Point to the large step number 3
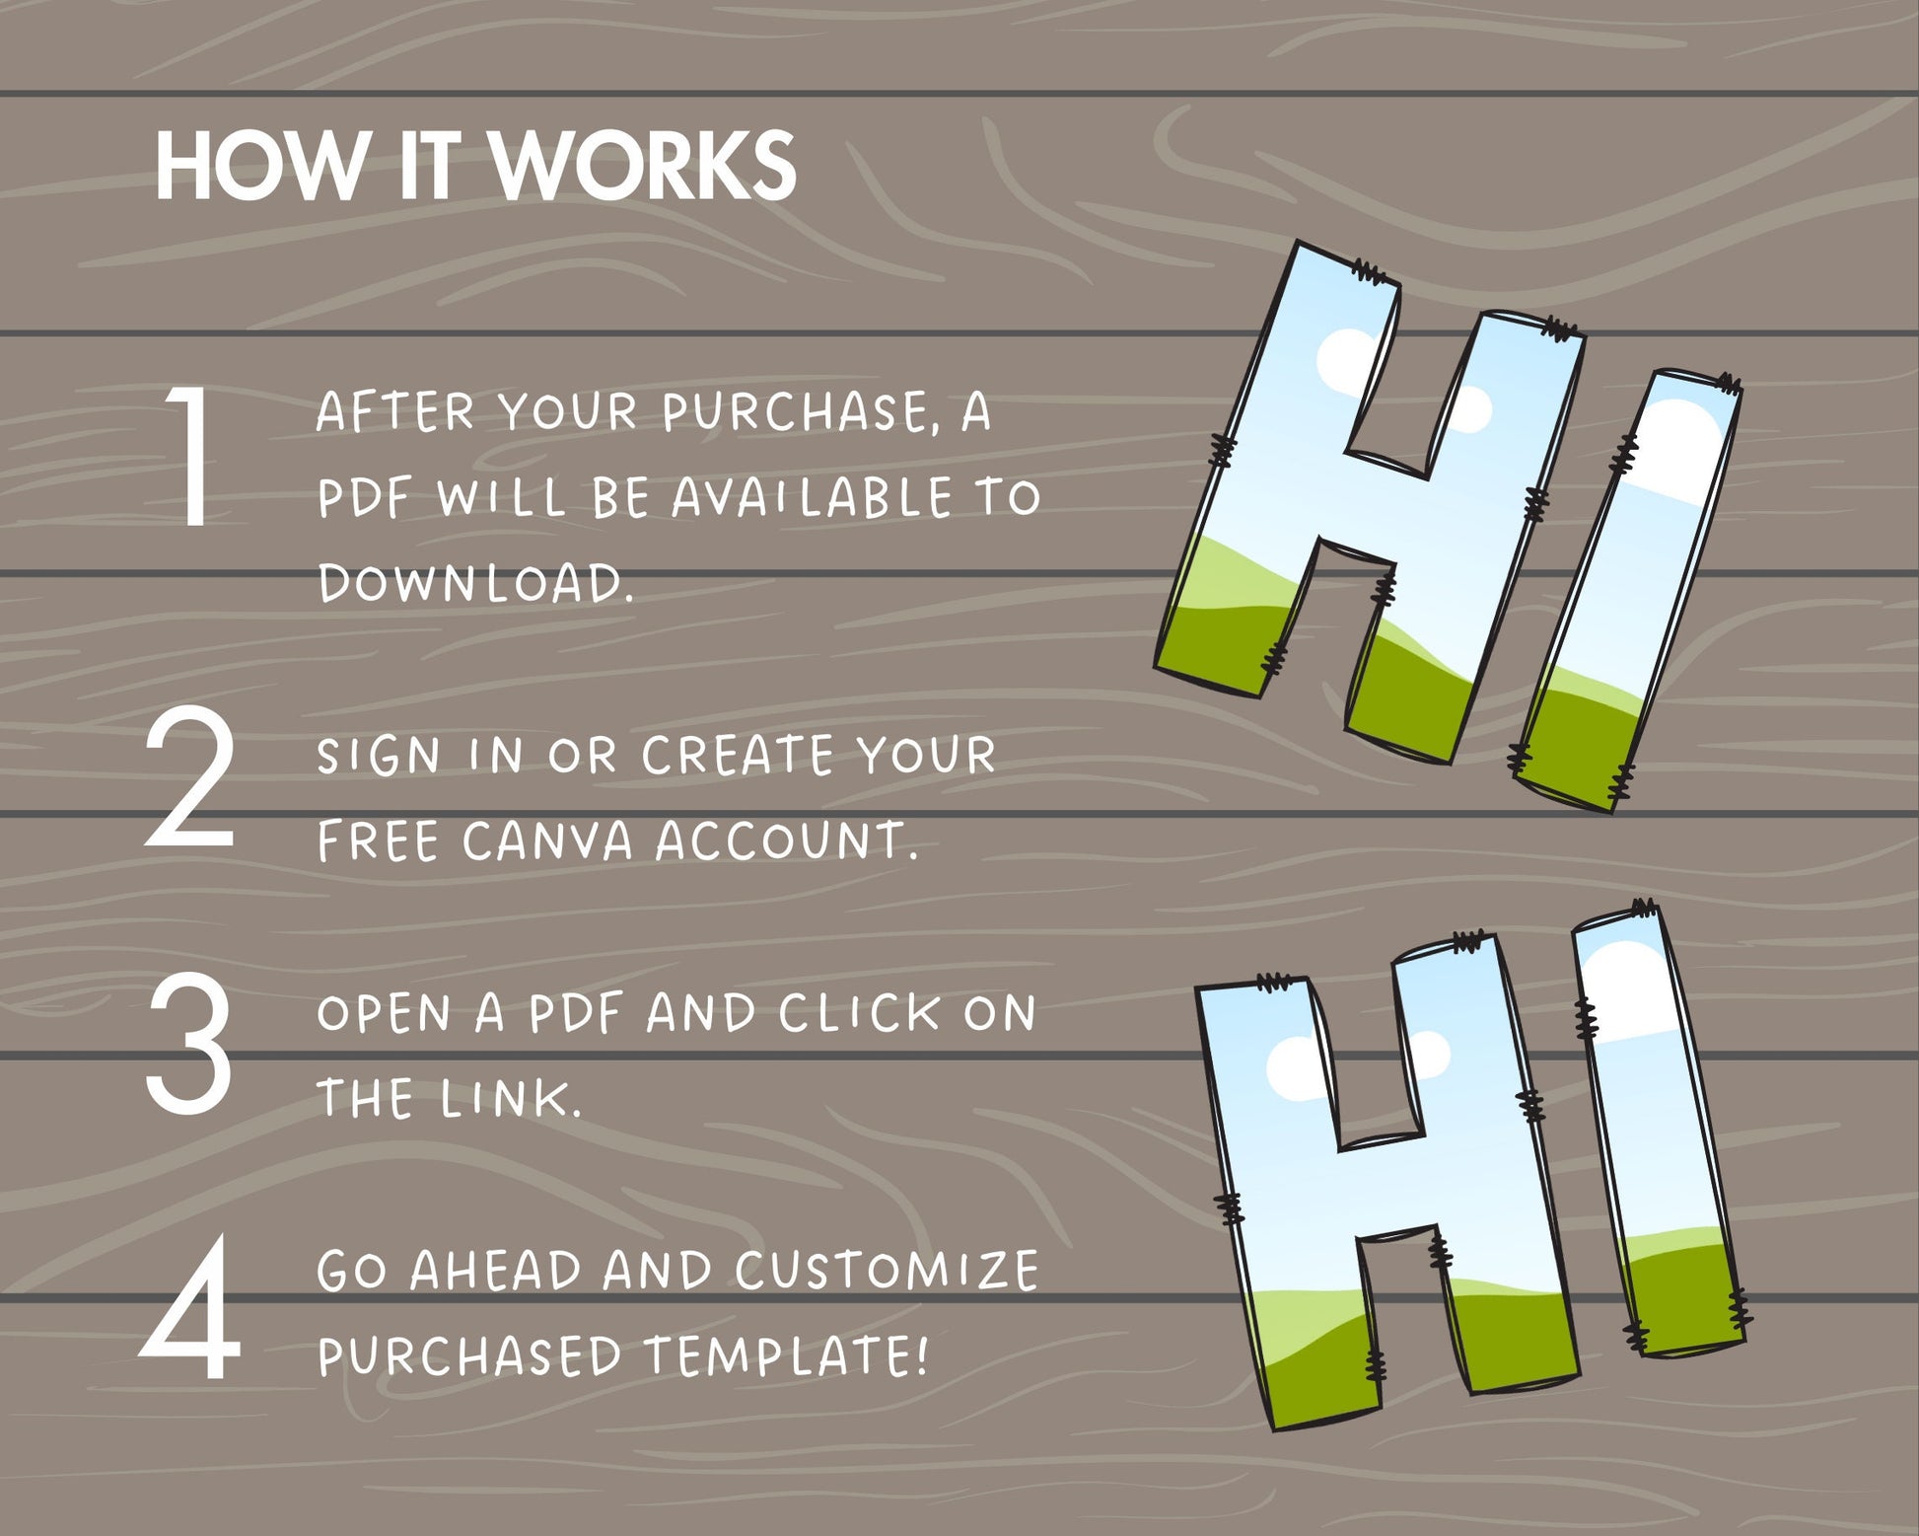click(189, 1043)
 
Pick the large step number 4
click(190, 1307)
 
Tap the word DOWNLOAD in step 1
click(475, 582)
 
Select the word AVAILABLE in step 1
click(812, 497)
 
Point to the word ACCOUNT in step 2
click(786, 841)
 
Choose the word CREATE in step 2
click(738, 756)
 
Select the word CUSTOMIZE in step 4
click(887, 1271)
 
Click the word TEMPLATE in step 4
click(786, 1355)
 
